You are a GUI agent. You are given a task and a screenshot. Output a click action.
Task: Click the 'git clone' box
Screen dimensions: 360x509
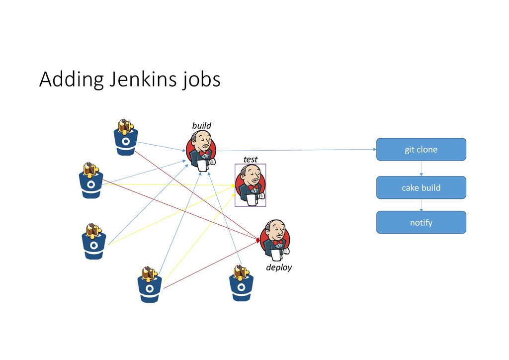(x=421, y=149)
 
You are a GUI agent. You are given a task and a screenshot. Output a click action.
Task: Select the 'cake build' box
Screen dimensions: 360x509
(x=421, y=187)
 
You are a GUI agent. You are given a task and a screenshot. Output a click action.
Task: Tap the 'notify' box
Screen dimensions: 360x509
(x=421, y=222)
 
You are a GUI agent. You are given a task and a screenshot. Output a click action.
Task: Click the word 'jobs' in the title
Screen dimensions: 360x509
(x=201, y=80)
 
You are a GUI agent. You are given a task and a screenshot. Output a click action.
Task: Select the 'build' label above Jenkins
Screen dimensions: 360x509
(x=202, y=126)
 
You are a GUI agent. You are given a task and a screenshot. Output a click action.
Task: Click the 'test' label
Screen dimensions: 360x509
(x=251, y=159)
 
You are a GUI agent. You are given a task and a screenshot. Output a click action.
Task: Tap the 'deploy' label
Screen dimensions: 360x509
(x=279, y=268)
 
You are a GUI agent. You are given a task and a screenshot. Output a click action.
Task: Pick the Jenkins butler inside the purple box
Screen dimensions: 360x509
(x=251, y=185)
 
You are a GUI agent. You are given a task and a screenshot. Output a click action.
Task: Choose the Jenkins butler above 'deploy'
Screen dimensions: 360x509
(x=275, y=240)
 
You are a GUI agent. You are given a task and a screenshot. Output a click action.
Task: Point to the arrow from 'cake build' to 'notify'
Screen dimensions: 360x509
(x=422, y=205)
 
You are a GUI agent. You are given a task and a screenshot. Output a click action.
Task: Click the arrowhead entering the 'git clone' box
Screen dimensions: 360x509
(x=374, y=149)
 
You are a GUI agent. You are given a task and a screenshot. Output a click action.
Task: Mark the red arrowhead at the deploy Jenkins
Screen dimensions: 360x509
(x=257, y=240)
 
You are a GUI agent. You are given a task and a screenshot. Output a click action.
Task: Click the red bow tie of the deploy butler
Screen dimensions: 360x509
(x=277, y=242)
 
